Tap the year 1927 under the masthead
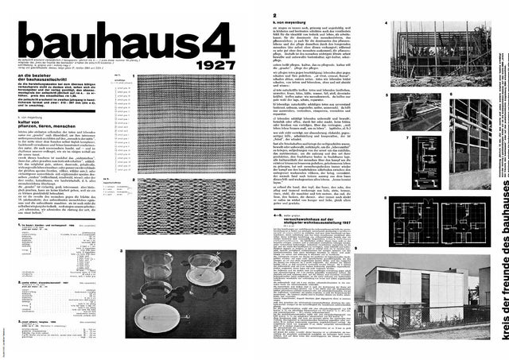pyautogui.click(x=214, y=64)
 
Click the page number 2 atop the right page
pyautogui.click(x=274, y=15)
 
